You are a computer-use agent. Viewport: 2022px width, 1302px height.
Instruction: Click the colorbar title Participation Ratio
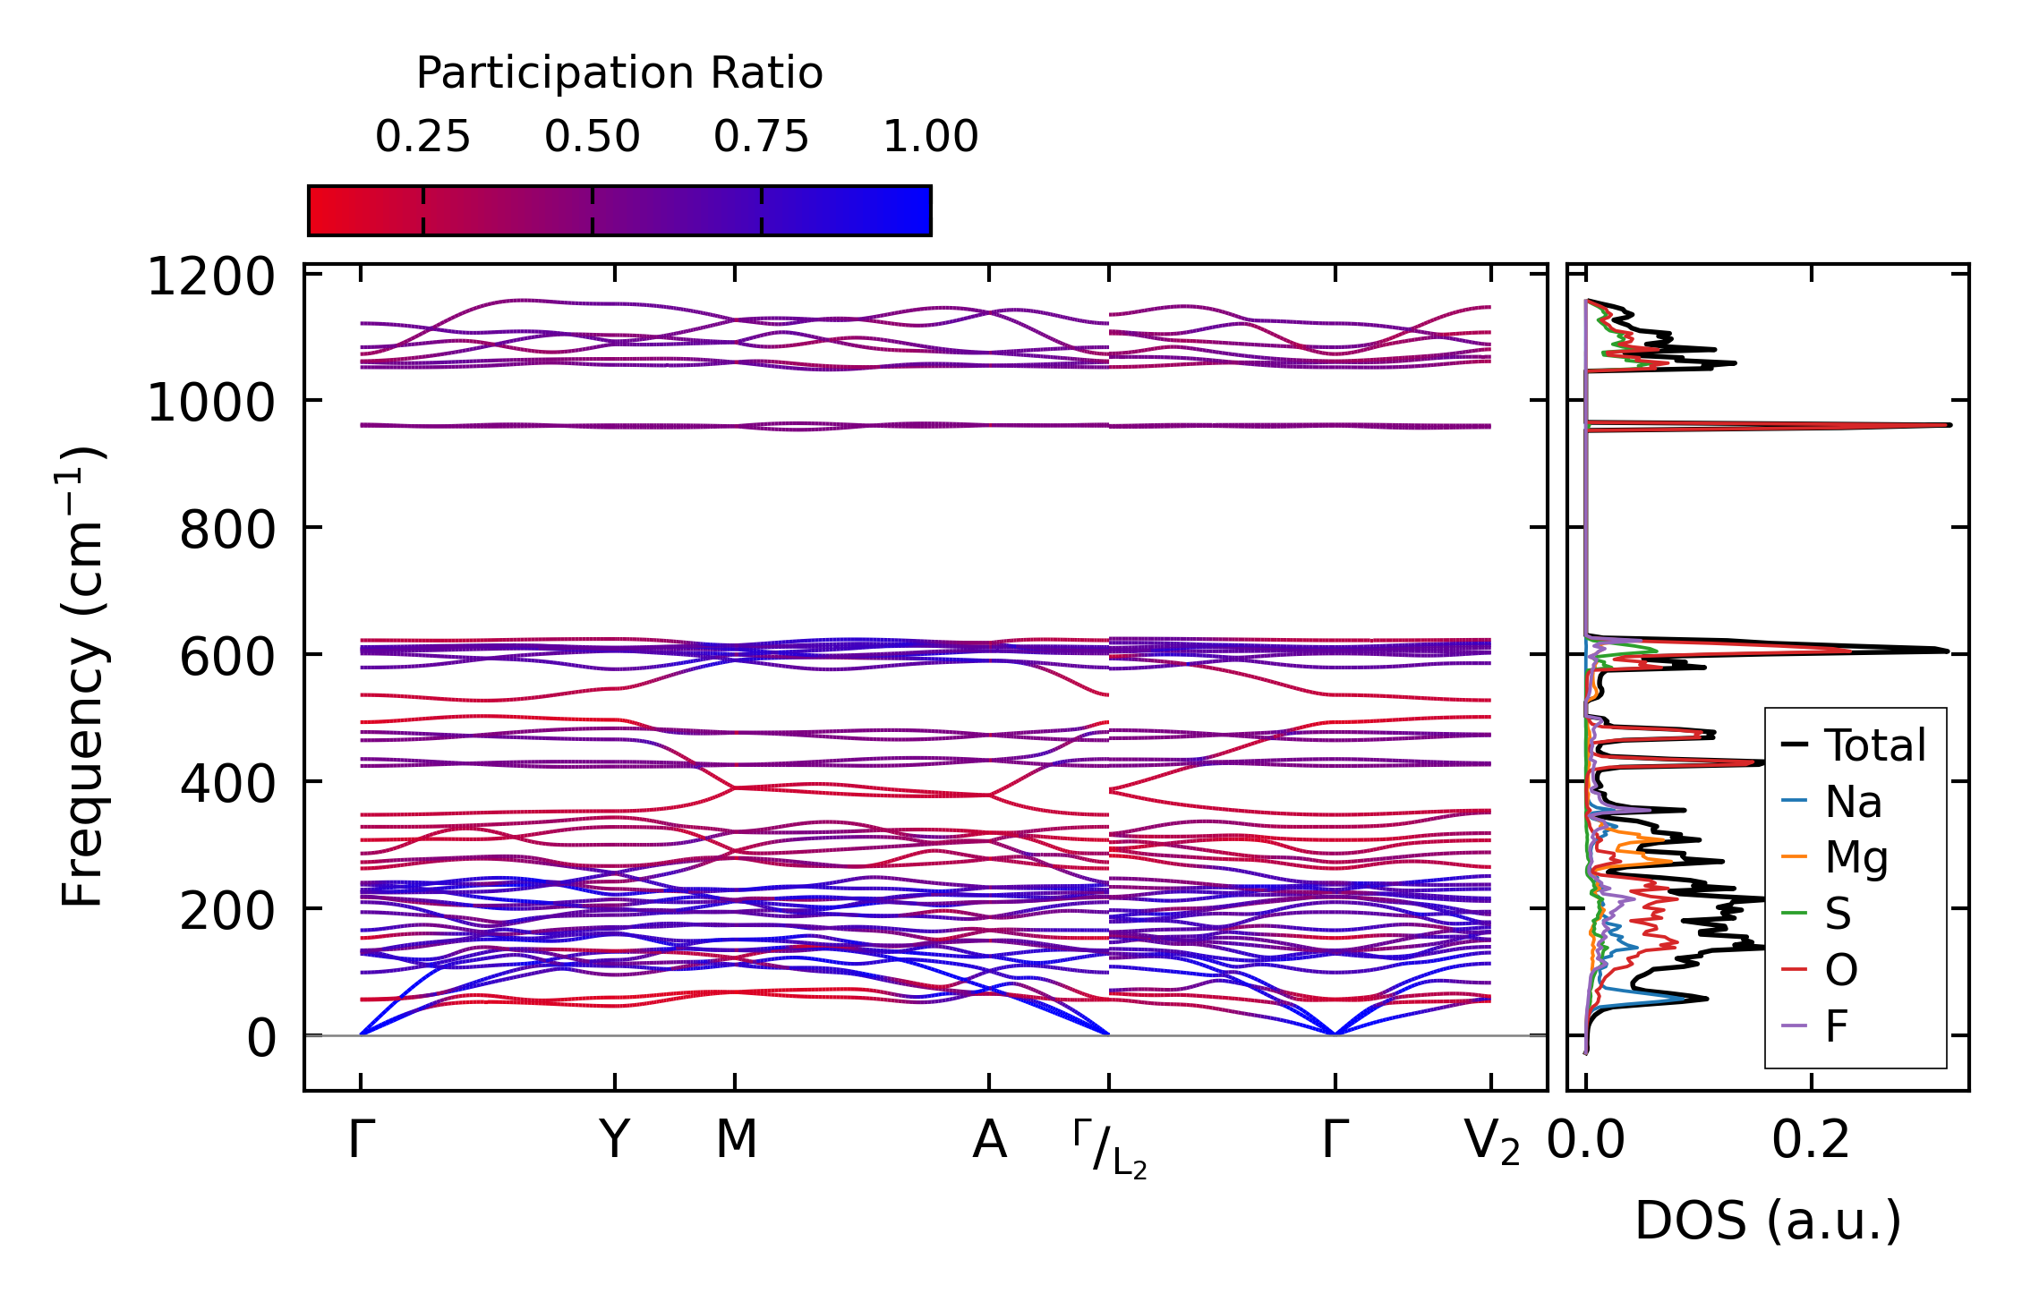[619, 73]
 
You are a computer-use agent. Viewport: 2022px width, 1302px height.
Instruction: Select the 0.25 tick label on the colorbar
[422, 137]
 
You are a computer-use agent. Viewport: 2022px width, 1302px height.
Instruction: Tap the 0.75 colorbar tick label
[761, 137]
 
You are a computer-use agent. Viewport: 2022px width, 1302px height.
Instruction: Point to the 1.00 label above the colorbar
[930, 137]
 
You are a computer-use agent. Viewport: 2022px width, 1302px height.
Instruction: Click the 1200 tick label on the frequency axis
[210, 277]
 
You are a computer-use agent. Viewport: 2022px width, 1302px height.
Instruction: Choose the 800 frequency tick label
[226, 530]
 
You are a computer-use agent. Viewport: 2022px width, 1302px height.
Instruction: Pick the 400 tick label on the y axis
[226, 784]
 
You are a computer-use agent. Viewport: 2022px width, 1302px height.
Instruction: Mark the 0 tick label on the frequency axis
[261, 1039]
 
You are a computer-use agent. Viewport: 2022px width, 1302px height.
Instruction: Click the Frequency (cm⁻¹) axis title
[82, 677]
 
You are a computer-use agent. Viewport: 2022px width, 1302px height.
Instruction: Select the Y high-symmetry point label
[614, 1140]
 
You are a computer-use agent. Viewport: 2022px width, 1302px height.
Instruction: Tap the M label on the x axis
[736, 1140]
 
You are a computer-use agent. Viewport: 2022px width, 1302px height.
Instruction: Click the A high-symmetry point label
[989, 1140]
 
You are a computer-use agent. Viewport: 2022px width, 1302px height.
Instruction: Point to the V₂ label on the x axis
[1491, 1143]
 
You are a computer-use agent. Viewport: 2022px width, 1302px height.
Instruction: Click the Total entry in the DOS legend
[1875, 745]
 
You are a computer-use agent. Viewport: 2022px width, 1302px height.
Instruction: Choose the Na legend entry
[1853, 802]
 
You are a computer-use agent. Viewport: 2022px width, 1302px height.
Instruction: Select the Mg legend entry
[1856, 858]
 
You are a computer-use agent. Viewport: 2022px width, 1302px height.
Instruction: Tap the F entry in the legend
[1837, 1026]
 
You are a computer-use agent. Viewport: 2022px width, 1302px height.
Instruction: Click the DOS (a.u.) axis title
[1768, 1221]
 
